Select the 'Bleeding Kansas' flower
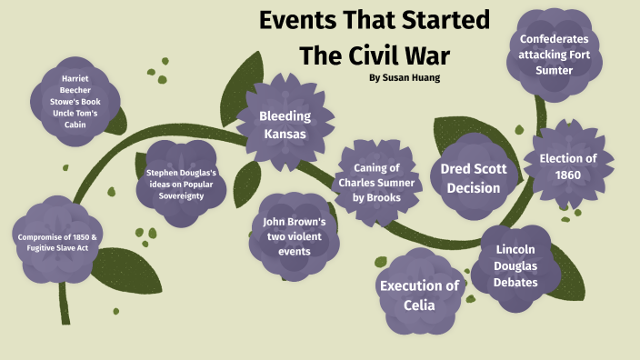coord(285,125)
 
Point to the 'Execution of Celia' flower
coord(419,295)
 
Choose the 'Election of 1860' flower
coord(567,166)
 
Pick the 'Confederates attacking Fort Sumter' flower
coord(554,54)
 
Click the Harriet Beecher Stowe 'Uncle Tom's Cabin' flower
coord(75,101)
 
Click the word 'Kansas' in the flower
coord(285,135)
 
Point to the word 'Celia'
coord(420,305)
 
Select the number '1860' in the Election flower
coord(568,175)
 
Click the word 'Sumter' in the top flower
coord(554,70)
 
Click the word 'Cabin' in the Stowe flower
coord(75,125)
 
